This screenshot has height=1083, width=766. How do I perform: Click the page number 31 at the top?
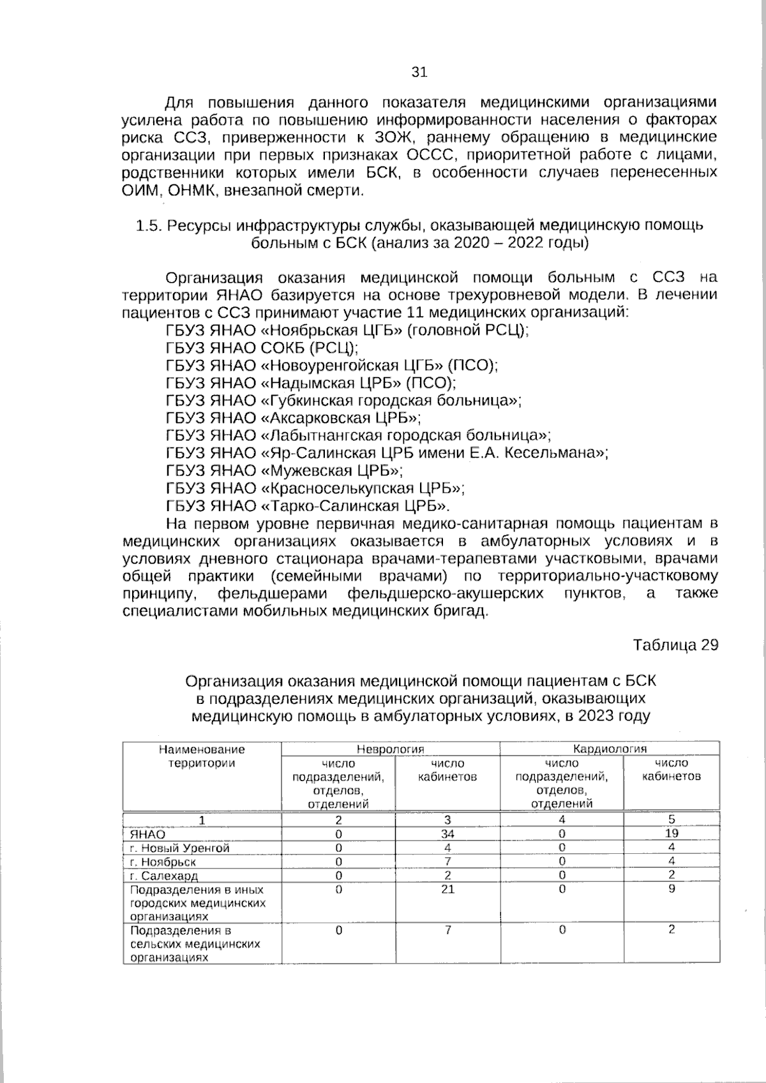419,72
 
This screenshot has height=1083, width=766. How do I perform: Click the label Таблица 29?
675,645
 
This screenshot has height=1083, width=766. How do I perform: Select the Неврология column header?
390,749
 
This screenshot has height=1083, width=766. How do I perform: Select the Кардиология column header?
610,749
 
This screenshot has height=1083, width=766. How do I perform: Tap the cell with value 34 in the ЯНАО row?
447,834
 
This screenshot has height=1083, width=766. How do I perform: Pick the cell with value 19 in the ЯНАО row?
671,833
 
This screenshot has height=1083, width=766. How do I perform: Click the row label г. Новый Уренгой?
179,848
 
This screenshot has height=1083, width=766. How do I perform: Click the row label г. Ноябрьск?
163,862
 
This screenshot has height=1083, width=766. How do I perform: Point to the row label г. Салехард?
164,876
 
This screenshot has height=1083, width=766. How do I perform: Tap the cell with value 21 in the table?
447,889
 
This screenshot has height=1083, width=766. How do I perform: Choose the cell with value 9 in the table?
672,888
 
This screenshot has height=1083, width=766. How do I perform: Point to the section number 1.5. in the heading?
149,225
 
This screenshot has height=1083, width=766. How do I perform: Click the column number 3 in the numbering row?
447,820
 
